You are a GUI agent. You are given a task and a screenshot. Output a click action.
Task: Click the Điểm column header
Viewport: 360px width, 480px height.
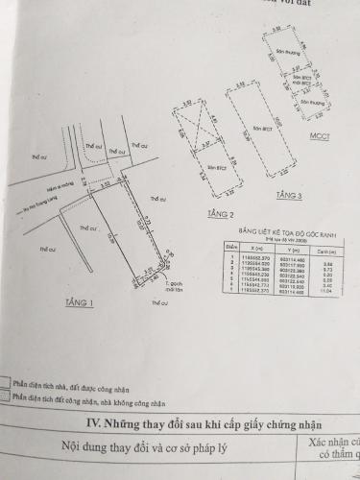point(230,246)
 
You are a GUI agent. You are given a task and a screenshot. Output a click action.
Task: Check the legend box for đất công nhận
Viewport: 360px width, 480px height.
point(7,395)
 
